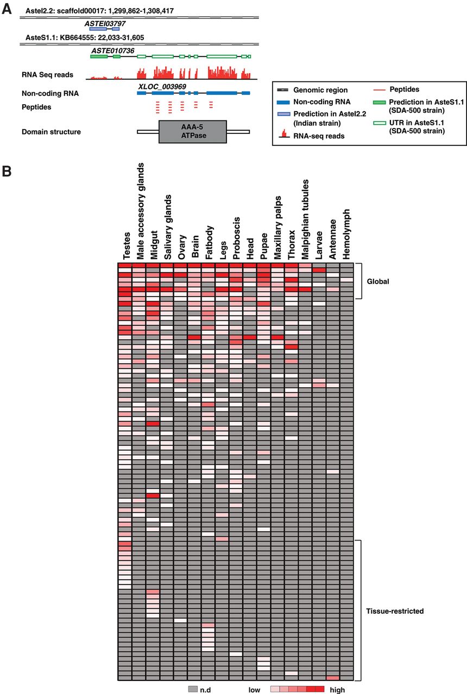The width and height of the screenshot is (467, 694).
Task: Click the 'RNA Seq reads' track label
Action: [x=47, y=74]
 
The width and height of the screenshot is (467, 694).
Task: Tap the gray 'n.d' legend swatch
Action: [x=191, y=689]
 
